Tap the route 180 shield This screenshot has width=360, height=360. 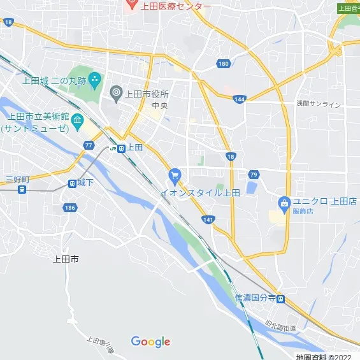point(223,64)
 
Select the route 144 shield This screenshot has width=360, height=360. point(240,99)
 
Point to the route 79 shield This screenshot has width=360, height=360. point(253,174)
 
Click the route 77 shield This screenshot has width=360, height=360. point(89,145)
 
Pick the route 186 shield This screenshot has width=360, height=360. point(70,208)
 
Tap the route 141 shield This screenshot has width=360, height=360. point(208,219)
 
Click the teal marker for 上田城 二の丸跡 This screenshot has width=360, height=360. point(95,80)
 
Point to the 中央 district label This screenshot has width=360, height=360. point(159,106)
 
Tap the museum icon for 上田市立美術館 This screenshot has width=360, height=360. point(77,120)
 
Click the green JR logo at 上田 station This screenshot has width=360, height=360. point(113,148)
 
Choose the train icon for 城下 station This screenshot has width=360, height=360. point(72,184)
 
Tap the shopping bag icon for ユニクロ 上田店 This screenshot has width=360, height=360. point(284,203)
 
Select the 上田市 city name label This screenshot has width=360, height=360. point(66,259)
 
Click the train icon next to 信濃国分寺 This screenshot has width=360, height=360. point(280,299)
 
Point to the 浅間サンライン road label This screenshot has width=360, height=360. point(318,104)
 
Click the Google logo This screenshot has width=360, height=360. point(150,342)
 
